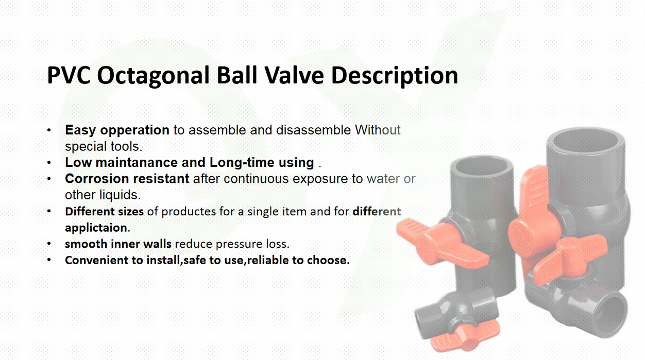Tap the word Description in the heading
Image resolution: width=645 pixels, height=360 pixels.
click(x=395, y=76)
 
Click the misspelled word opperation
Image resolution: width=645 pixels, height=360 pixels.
click(x=135, y=130)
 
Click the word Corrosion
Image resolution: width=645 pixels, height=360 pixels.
click(x=90, y=179)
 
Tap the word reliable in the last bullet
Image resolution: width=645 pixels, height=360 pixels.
click(x=269, y=260)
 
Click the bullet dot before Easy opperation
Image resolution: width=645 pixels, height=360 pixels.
click(x=49, y=130)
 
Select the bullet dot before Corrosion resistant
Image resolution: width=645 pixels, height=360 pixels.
click(x=49, y=179)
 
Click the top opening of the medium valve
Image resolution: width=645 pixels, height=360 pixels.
click(x=482, y=168)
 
